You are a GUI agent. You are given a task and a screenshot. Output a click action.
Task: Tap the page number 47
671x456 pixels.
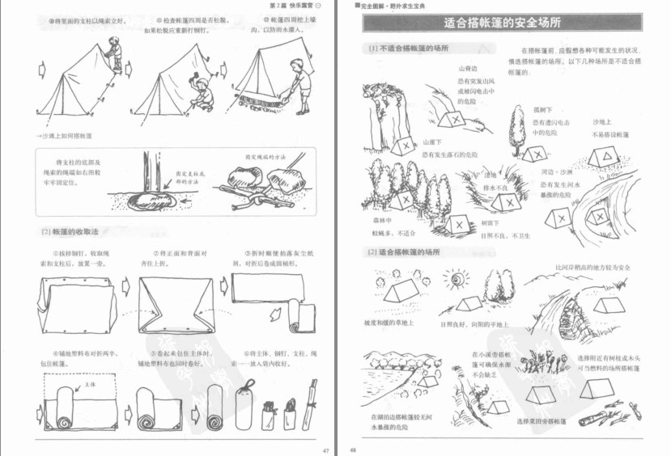click(x=325, y=450)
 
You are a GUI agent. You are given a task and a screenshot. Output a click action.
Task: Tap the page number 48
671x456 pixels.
click(x=352, y=450)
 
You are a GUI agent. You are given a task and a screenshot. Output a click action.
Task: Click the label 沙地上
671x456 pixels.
click(x=604, y=121)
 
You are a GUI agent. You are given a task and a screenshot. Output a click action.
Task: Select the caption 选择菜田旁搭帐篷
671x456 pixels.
click(x=541, y=421)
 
